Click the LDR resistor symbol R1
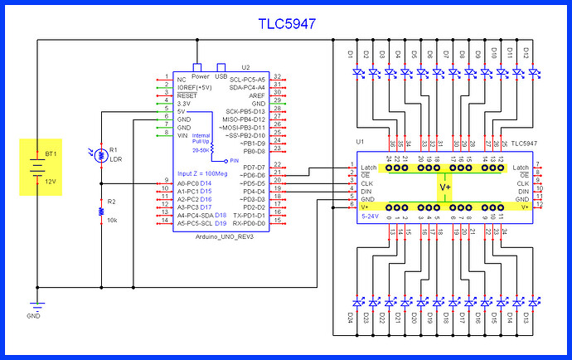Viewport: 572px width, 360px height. (100, 154)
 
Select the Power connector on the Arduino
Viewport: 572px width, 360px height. (199, 66)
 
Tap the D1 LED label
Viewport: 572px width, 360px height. (351, 55)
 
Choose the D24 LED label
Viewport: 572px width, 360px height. (351, 316)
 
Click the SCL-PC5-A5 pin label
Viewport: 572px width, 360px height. (247, 79)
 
